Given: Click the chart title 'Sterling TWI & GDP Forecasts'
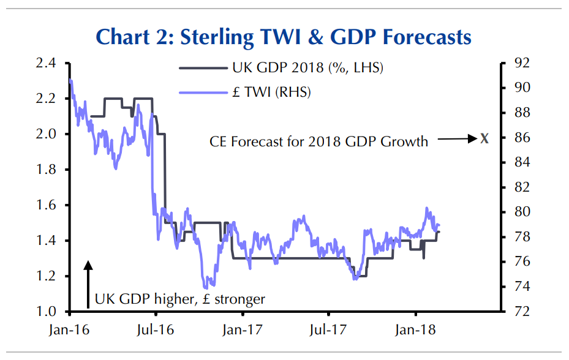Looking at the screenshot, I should tap(284, 37).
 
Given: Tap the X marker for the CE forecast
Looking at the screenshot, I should tap(484, 138).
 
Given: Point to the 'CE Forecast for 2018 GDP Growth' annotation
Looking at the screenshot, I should tap(318, 142).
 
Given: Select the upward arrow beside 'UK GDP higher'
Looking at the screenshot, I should tap(88, 283).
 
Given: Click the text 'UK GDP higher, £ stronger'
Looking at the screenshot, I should tap(180, 299).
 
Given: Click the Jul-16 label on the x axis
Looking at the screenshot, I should tap(157, 330).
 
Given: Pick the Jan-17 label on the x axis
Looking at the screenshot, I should tap(243, 330).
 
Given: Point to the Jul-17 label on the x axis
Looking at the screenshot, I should tap(329, 330).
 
